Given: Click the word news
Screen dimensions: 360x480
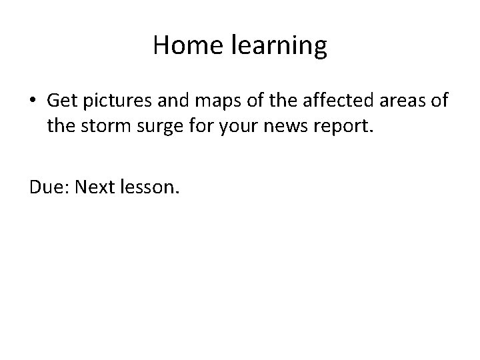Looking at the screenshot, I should (284, 126).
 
